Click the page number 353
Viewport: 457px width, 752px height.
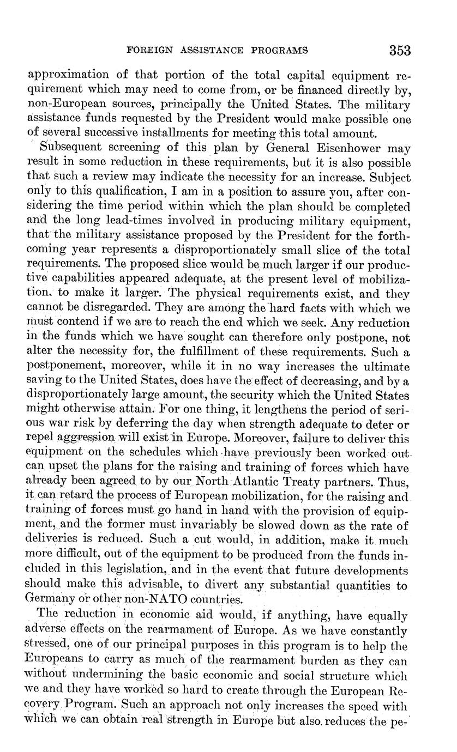[400, 51]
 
